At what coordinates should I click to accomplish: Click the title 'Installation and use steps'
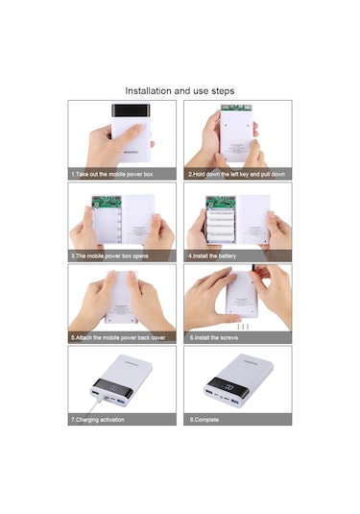180,90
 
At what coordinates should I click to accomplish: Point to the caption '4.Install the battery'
213,257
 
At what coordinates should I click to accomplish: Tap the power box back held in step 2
237,130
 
